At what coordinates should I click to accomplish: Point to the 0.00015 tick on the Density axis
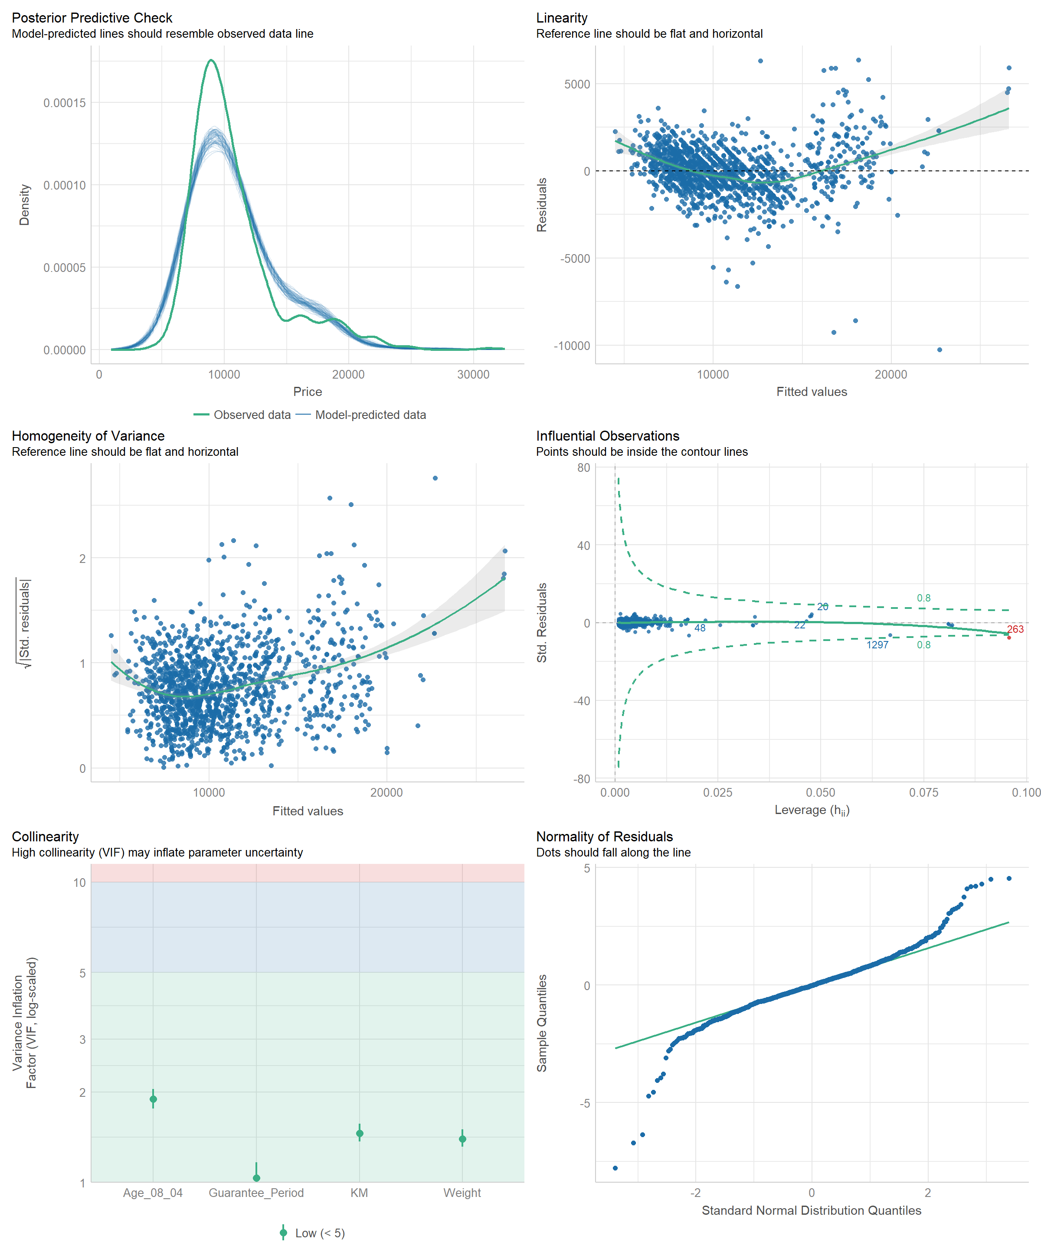64,103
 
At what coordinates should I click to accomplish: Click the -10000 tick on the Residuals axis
572,346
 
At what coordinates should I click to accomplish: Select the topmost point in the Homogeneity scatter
435,478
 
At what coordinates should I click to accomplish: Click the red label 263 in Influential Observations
1015,629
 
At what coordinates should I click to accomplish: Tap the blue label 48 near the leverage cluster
700,628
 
